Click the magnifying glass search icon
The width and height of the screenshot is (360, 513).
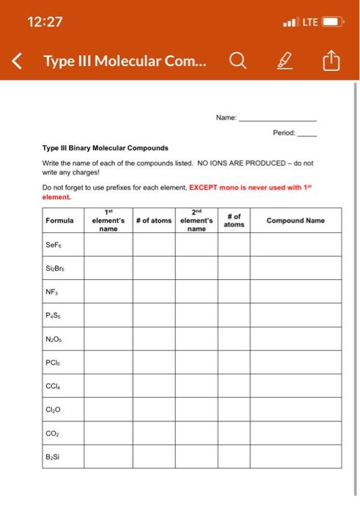pyautogui.click(x=238, y=62)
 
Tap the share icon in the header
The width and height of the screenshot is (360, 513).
pyautogui.click(x=328, y=62)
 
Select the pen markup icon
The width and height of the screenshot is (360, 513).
pyautogui.click(x=284, y=62)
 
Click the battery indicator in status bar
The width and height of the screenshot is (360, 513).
pyautogui.click(x=332, y=22)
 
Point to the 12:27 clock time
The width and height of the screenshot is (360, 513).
pyautogui.click(x=44, y=22)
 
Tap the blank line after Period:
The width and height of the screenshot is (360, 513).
pyautogui.click(x=306, y=133)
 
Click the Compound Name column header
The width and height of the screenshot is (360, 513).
pyautogui.click(x=295, y=220)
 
